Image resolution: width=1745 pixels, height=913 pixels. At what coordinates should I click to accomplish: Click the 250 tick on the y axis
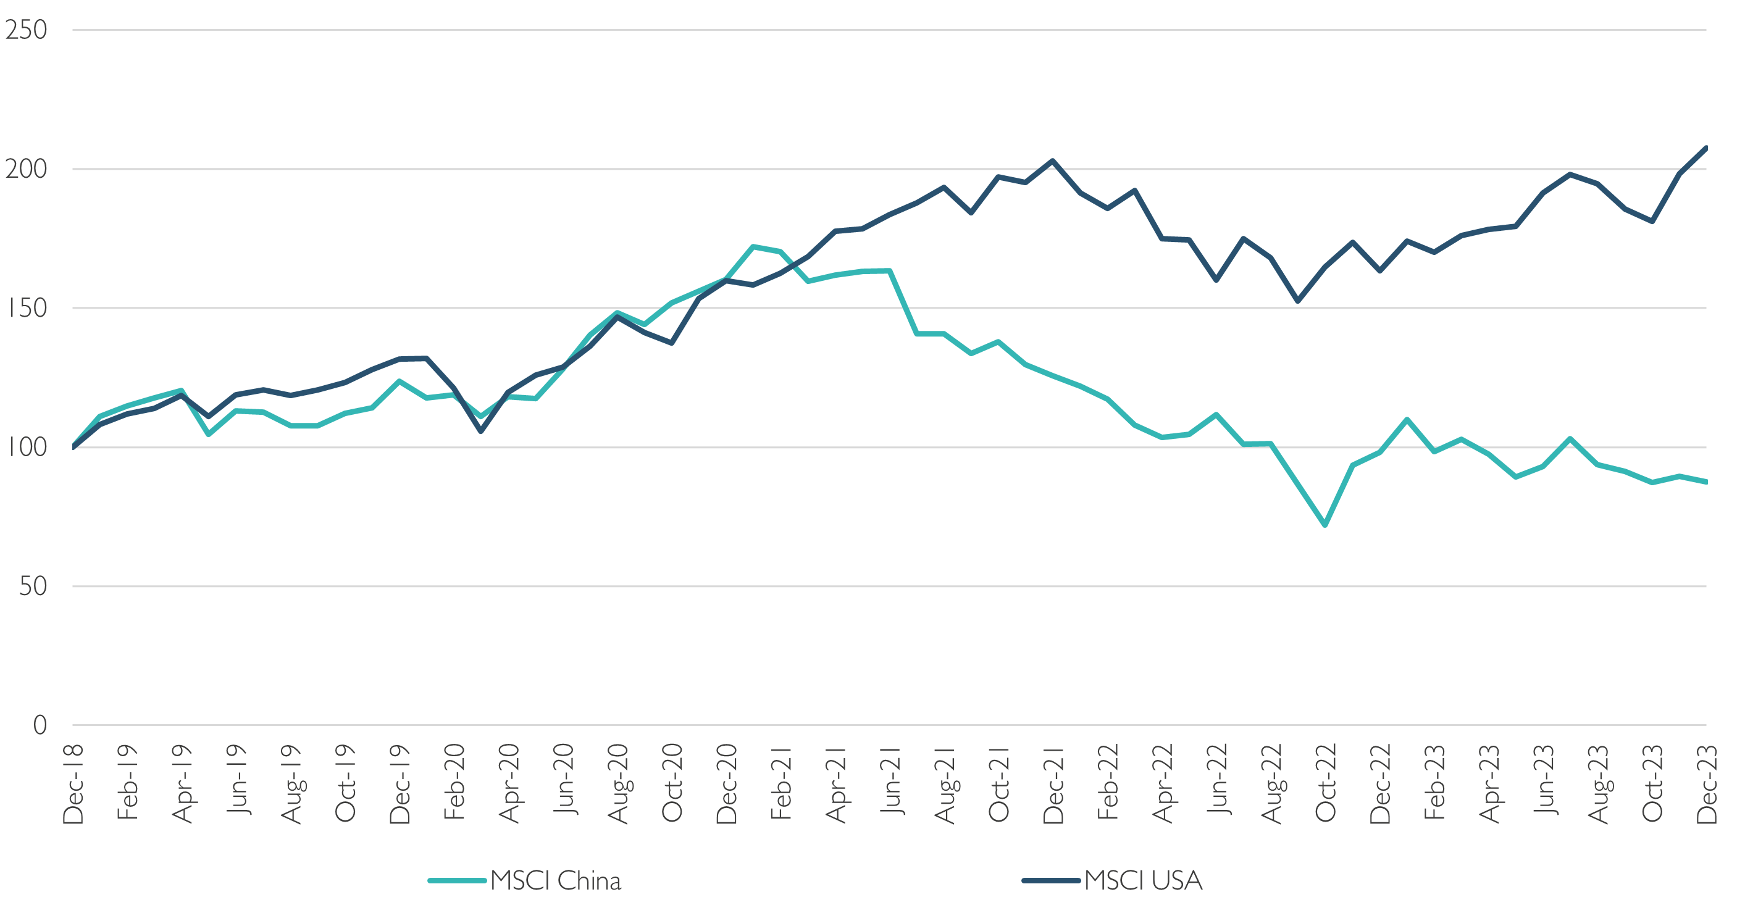click(x=26, y=30)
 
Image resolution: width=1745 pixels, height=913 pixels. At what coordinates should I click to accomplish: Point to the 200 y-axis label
click(x=26, y=169)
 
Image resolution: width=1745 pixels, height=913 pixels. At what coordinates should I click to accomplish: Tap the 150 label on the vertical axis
click(x=26, y=309)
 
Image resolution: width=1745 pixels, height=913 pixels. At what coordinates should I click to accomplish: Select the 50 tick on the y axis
click(x=33, y=586)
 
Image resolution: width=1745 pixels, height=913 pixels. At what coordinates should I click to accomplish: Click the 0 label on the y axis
click(x=40, y=725)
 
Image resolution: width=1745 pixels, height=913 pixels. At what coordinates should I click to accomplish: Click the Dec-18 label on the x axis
click(x=73, y=785)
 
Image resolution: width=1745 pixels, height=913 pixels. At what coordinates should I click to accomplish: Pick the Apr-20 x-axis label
click(x=509, y=785)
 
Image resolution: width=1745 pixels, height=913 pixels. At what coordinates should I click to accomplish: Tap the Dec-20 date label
click(x=727, y=785)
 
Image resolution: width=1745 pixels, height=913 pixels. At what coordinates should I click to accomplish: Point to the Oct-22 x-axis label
click(x=1326, y=785)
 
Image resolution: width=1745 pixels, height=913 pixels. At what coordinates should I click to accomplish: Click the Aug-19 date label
click(x=291, y=785)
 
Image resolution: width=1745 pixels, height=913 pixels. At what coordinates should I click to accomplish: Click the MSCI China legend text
click(x=556, y=880)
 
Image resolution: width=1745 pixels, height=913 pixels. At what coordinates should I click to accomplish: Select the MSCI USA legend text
click(x=1143, y=880)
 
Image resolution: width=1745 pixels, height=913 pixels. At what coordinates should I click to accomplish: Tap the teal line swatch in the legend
click(x=458, y=880)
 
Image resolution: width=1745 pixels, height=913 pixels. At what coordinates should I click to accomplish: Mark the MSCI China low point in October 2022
click(x=1325, y=525)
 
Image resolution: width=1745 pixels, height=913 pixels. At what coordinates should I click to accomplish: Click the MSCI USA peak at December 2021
click(x=1053, y=161)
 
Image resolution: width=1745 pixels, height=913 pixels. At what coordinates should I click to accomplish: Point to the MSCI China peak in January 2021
click(x=753, y=246)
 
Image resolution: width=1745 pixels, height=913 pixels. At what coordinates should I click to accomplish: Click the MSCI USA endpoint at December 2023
click(x=1705, y=147)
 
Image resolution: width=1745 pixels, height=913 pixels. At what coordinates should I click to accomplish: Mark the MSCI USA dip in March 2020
click(x=481, y=431)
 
